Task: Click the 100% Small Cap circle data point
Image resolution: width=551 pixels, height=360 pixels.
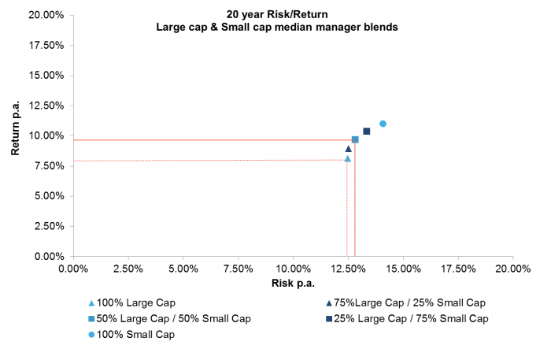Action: pyautogui.click(x=383, y=124)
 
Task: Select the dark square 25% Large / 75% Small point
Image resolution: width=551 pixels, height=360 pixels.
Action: pyautogui.click(x=366, y=132)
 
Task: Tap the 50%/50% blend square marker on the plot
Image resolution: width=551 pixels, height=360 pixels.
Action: pyautogui.click(x=355, y=139)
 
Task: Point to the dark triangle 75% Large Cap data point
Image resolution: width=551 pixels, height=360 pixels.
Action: pyautogui.click(x=348, y=149)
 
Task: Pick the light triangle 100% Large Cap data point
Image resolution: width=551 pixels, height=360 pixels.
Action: pyautogui.click(x=347, y=158)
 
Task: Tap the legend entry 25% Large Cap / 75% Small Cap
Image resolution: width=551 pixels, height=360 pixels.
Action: pyautogui.click(x=408, y=318)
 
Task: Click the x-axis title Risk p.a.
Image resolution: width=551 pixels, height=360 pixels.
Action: pyautogui.click(x=293, y=283)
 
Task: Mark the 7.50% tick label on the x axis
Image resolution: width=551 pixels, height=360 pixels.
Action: pyautogui.click(x=238, y=268)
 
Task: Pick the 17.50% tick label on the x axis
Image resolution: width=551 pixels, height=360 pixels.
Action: pyautogui.click(x=457, y=268)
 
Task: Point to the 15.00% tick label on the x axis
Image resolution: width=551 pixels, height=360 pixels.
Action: pyautogui.click(x=402, y=268)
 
